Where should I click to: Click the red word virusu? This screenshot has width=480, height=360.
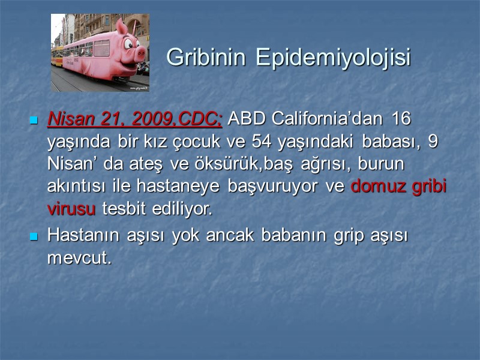click(71, 209)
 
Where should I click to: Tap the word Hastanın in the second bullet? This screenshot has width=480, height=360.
click(82, 236)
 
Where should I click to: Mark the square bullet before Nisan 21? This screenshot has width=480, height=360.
click(34, 121)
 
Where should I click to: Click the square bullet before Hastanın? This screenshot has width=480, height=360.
click(34, 238)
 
